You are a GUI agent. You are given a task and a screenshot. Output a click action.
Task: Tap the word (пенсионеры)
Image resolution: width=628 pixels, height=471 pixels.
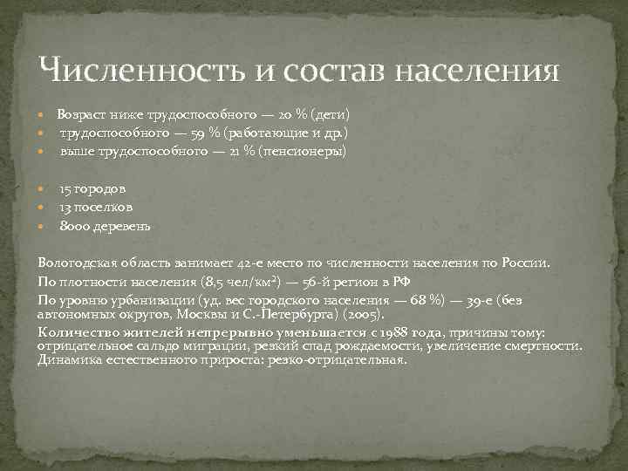coord(306,152)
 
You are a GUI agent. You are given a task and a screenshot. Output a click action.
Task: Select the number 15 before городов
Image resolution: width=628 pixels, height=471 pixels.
coord(65,188)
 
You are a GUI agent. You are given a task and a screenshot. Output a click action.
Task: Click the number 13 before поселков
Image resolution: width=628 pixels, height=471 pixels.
coord(65,207)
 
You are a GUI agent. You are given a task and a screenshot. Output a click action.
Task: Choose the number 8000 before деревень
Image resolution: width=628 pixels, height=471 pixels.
coord(72,226)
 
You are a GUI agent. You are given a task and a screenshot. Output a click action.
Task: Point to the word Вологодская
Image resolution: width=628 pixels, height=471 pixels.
coord(80,262)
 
